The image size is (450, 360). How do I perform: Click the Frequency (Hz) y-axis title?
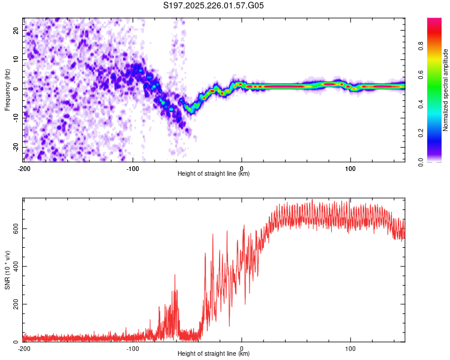tap(7, 89)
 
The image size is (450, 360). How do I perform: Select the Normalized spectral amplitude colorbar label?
tap(446, 90)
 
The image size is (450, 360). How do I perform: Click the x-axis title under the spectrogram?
tap(214, 173)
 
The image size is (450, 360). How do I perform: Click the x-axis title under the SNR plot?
tap(214, 353)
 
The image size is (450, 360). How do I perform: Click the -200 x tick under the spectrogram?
tap(23, 167)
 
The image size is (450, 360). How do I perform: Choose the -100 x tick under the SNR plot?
tap(133, 348)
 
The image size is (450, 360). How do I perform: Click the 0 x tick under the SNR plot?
tap(242, 348)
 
